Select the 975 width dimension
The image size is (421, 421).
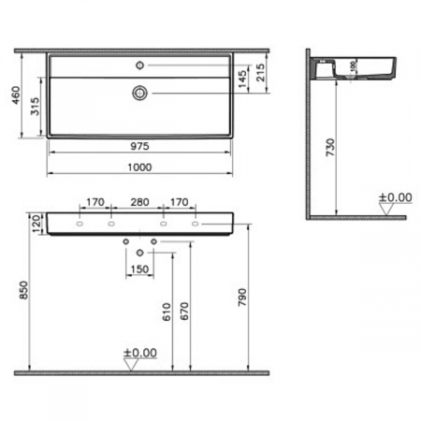(138, 147)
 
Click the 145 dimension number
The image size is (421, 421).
(243, 80)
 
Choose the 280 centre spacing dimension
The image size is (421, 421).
(138, 200)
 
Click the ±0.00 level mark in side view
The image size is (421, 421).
(395, 198)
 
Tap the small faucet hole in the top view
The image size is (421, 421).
(140, 65)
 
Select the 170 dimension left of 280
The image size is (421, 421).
(94, 200)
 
